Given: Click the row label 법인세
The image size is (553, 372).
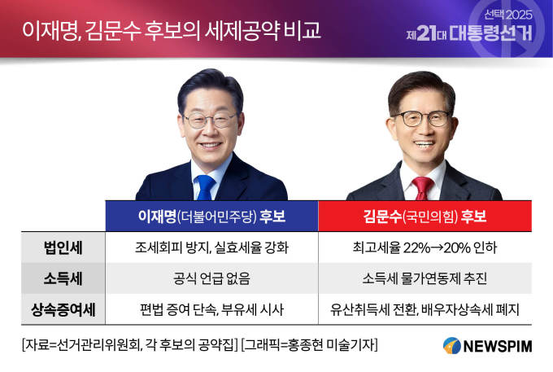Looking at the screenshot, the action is point(63,247).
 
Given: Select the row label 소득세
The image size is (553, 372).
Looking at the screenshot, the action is point(63,278).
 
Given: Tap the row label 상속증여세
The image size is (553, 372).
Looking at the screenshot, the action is point(63,309).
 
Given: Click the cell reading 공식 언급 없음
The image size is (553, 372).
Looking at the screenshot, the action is point(211,278).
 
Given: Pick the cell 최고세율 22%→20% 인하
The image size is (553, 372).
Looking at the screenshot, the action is point(425,247).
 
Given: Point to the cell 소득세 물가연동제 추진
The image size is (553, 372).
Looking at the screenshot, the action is point(425,278).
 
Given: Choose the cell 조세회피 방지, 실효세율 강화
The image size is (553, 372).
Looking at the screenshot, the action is point(211,247).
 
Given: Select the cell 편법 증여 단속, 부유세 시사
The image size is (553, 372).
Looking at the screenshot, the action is point(211,309).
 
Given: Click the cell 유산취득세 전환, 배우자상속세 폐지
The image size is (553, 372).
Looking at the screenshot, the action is point(425,309).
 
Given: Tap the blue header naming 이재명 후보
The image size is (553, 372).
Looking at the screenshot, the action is point(211,216).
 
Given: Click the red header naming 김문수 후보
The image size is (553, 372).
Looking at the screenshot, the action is point(425,216).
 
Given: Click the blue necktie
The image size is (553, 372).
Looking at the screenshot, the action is point(205,187).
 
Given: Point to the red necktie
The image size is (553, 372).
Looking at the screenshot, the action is point(423,188).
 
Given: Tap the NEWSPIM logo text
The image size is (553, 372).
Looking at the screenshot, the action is point(498,346).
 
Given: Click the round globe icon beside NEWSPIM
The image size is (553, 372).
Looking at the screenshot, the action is point(452,345).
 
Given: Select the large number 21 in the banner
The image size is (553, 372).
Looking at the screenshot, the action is point(426,33).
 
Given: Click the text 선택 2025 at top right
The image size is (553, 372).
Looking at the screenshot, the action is point(507,15).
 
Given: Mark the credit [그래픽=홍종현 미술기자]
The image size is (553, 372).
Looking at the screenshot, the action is point(309,345).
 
